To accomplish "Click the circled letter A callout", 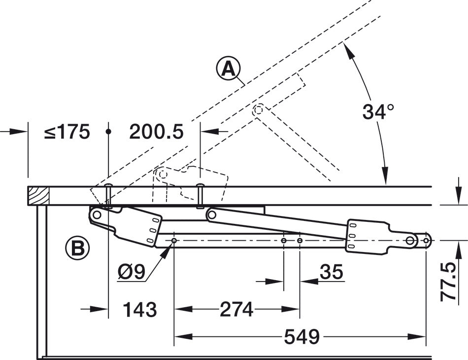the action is point(228,69).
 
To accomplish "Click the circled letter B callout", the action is point(77,248).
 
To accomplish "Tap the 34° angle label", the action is point(378,112).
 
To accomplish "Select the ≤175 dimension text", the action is point(67,132).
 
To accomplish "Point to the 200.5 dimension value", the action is point(156,132).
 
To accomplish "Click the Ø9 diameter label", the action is point(132,272).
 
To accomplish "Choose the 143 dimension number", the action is point(140,310).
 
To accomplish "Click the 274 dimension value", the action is point(236,310).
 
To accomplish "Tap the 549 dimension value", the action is point(302,337).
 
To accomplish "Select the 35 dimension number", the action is point(332,272).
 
